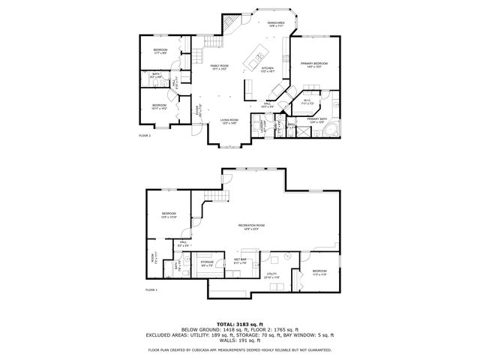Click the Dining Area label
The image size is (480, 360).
275,25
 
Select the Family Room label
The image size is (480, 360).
218,67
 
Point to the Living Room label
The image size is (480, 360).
229,121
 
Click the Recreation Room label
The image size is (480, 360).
251,226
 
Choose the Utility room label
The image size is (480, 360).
271,275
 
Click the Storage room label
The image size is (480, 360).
207,262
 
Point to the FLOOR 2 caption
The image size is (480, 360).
145,135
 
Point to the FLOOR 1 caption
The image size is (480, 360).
151,289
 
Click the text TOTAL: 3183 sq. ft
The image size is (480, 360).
239,323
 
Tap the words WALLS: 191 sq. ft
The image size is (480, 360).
239,341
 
